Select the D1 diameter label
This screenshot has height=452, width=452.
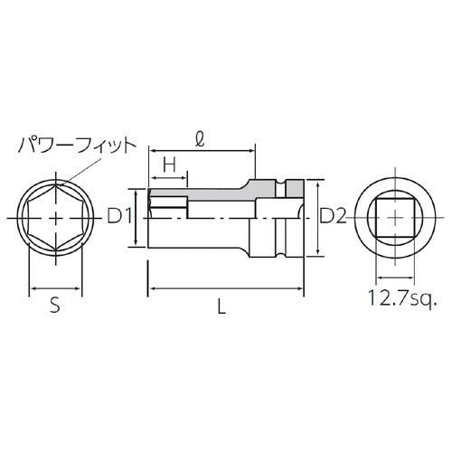[x=119, y=216]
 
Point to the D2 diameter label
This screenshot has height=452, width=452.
[x=334, y=216]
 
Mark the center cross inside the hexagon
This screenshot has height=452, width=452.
[x=58, y=217]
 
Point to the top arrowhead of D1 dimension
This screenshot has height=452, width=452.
[x=137, y=190]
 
